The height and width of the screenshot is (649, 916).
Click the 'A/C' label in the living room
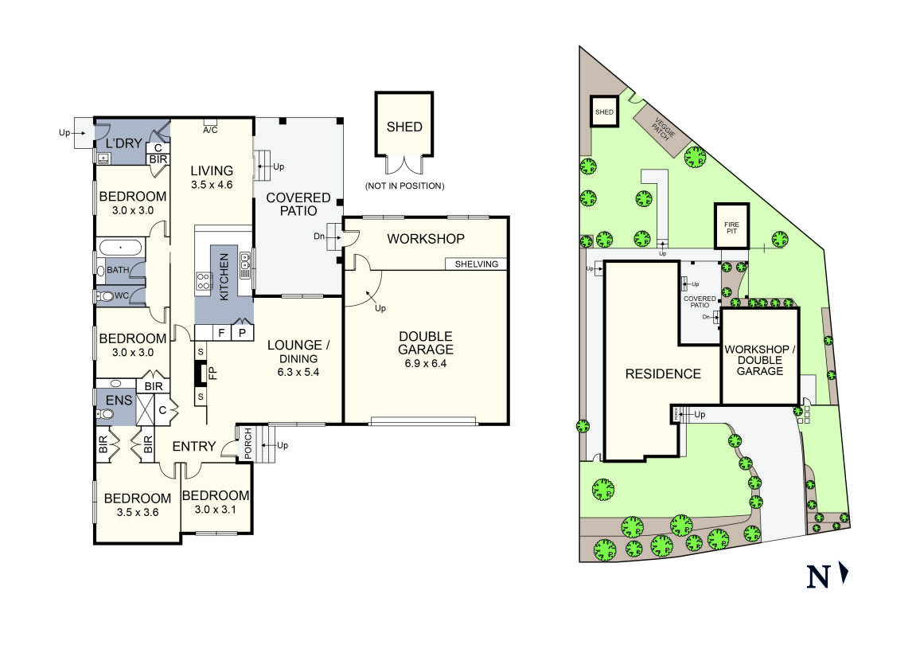pos(211,129)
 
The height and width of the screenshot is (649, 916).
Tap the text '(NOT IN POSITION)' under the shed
pos(404,186)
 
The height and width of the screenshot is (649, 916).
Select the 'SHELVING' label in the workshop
pos(477,264)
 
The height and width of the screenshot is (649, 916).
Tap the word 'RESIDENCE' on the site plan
pos(662,373)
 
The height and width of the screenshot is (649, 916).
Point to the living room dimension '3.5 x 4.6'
pos(212,185)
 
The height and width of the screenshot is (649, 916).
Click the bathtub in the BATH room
pos(120,248)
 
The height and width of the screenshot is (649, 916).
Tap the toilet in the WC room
pos(105,296)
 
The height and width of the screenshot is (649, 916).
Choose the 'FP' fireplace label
pos(212,372)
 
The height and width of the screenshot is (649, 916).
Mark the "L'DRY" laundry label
pos(123,143)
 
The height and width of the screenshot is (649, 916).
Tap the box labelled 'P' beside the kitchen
pos(241,332)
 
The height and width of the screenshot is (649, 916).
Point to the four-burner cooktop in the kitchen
pos(204,280)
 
